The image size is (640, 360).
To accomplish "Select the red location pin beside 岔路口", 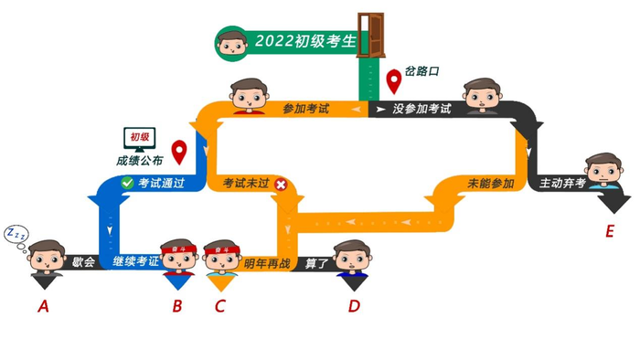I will [394, 81].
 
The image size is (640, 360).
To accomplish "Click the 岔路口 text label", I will [422, 70].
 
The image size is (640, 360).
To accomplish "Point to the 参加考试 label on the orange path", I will [304, 110].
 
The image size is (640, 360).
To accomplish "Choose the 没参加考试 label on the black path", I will [421, 110].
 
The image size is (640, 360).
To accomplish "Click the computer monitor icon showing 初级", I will [140, 140].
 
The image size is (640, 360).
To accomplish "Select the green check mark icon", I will [127, 183].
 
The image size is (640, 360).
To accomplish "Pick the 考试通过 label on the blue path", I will [161, 184].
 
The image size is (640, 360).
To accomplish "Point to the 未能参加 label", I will [490, 184].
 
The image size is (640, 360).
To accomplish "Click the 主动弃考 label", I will [562, 184].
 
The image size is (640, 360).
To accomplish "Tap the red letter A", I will [42, 306].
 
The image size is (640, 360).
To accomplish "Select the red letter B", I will [177, 306].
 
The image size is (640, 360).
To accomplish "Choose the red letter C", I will [219, 306].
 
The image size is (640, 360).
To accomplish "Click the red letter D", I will [354, 306].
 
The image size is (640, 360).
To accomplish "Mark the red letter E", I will [609, 231].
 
